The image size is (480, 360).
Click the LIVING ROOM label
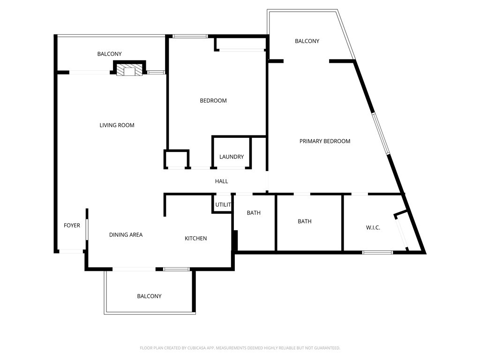117,125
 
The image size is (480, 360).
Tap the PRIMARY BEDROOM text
325,141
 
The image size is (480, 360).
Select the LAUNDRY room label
232,157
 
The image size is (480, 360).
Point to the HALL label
221,181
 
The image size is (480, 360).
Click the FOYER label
72,225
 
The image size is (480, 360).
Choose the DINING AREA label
126,235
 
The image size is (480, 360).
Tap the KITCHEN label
195,238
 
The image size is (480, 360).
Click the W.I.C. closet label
373,227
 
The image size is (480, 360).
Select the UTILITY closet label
223,205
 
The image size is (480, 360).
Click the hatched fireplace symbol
129,70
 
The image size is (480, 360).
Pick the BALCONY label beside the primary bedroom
307,41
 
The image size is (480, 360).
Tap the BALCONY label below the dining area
149,296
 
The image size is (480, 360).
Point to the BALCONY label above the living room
109,54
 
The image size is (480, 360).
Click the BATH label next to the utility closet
254,213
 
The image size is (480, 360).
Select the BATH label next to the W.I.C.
305,221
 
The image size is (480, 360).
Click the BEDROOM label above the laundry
213,100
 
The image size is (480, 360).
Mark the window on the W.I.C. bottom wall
377,253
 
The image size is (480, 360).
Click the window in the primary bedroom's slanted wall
381,134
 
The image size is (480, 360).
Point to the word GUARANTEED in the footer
328,348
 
